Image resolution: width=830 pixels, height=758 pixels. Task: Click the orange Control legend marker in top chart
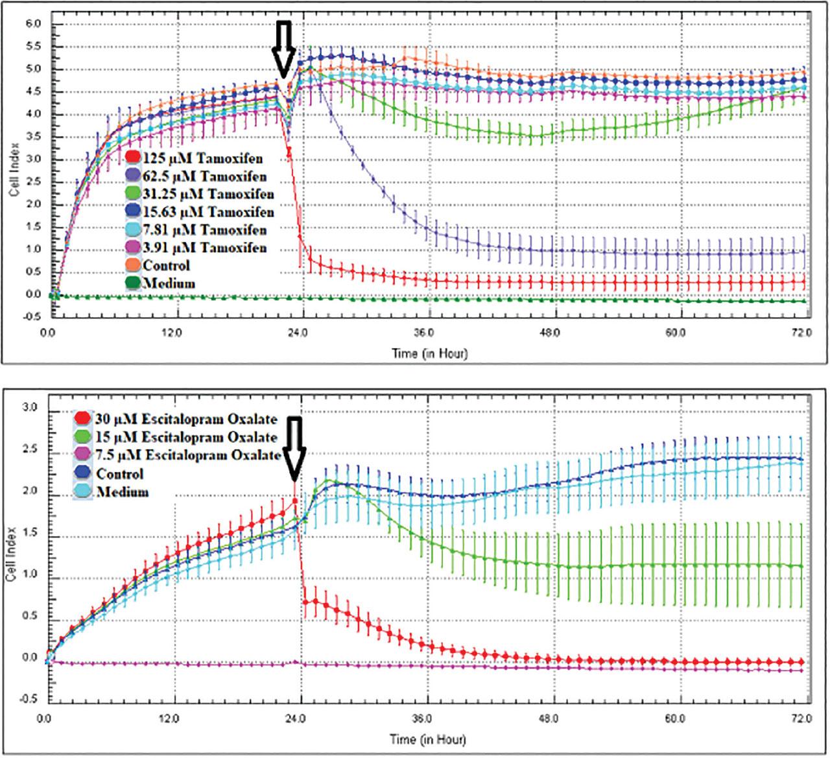pyautogui.click(x=133, y=266)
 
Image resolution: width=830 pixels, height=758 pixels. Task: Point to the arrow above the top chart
pyautogui.click(x=284, y=49)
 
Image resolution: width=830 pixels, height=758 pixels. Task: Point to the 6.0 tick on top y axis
pyautogui.click(x=32, y=24)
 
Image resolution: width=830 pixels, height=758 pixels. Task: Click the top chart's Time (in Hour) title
pyautogui.click(x=429, y=354)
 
